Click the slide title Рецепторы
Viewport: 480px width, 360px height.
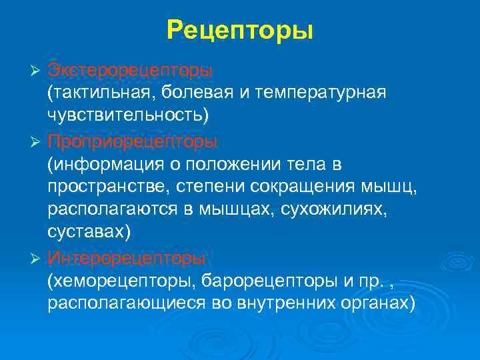pyautogui.click(x=240, y=31)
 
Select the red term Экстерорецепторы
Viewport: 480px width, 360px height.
pyautogui.click(x=130, y=70)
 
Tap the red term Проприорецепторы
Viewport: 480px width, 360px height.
pyautogui.click(x=132, y=142)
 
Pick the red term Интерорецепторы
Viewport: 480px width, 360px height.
pyautogui.click(x=126, y=257)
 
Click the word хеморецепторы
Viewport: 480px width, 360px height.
pyautogui.click(x=118, y=280)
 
